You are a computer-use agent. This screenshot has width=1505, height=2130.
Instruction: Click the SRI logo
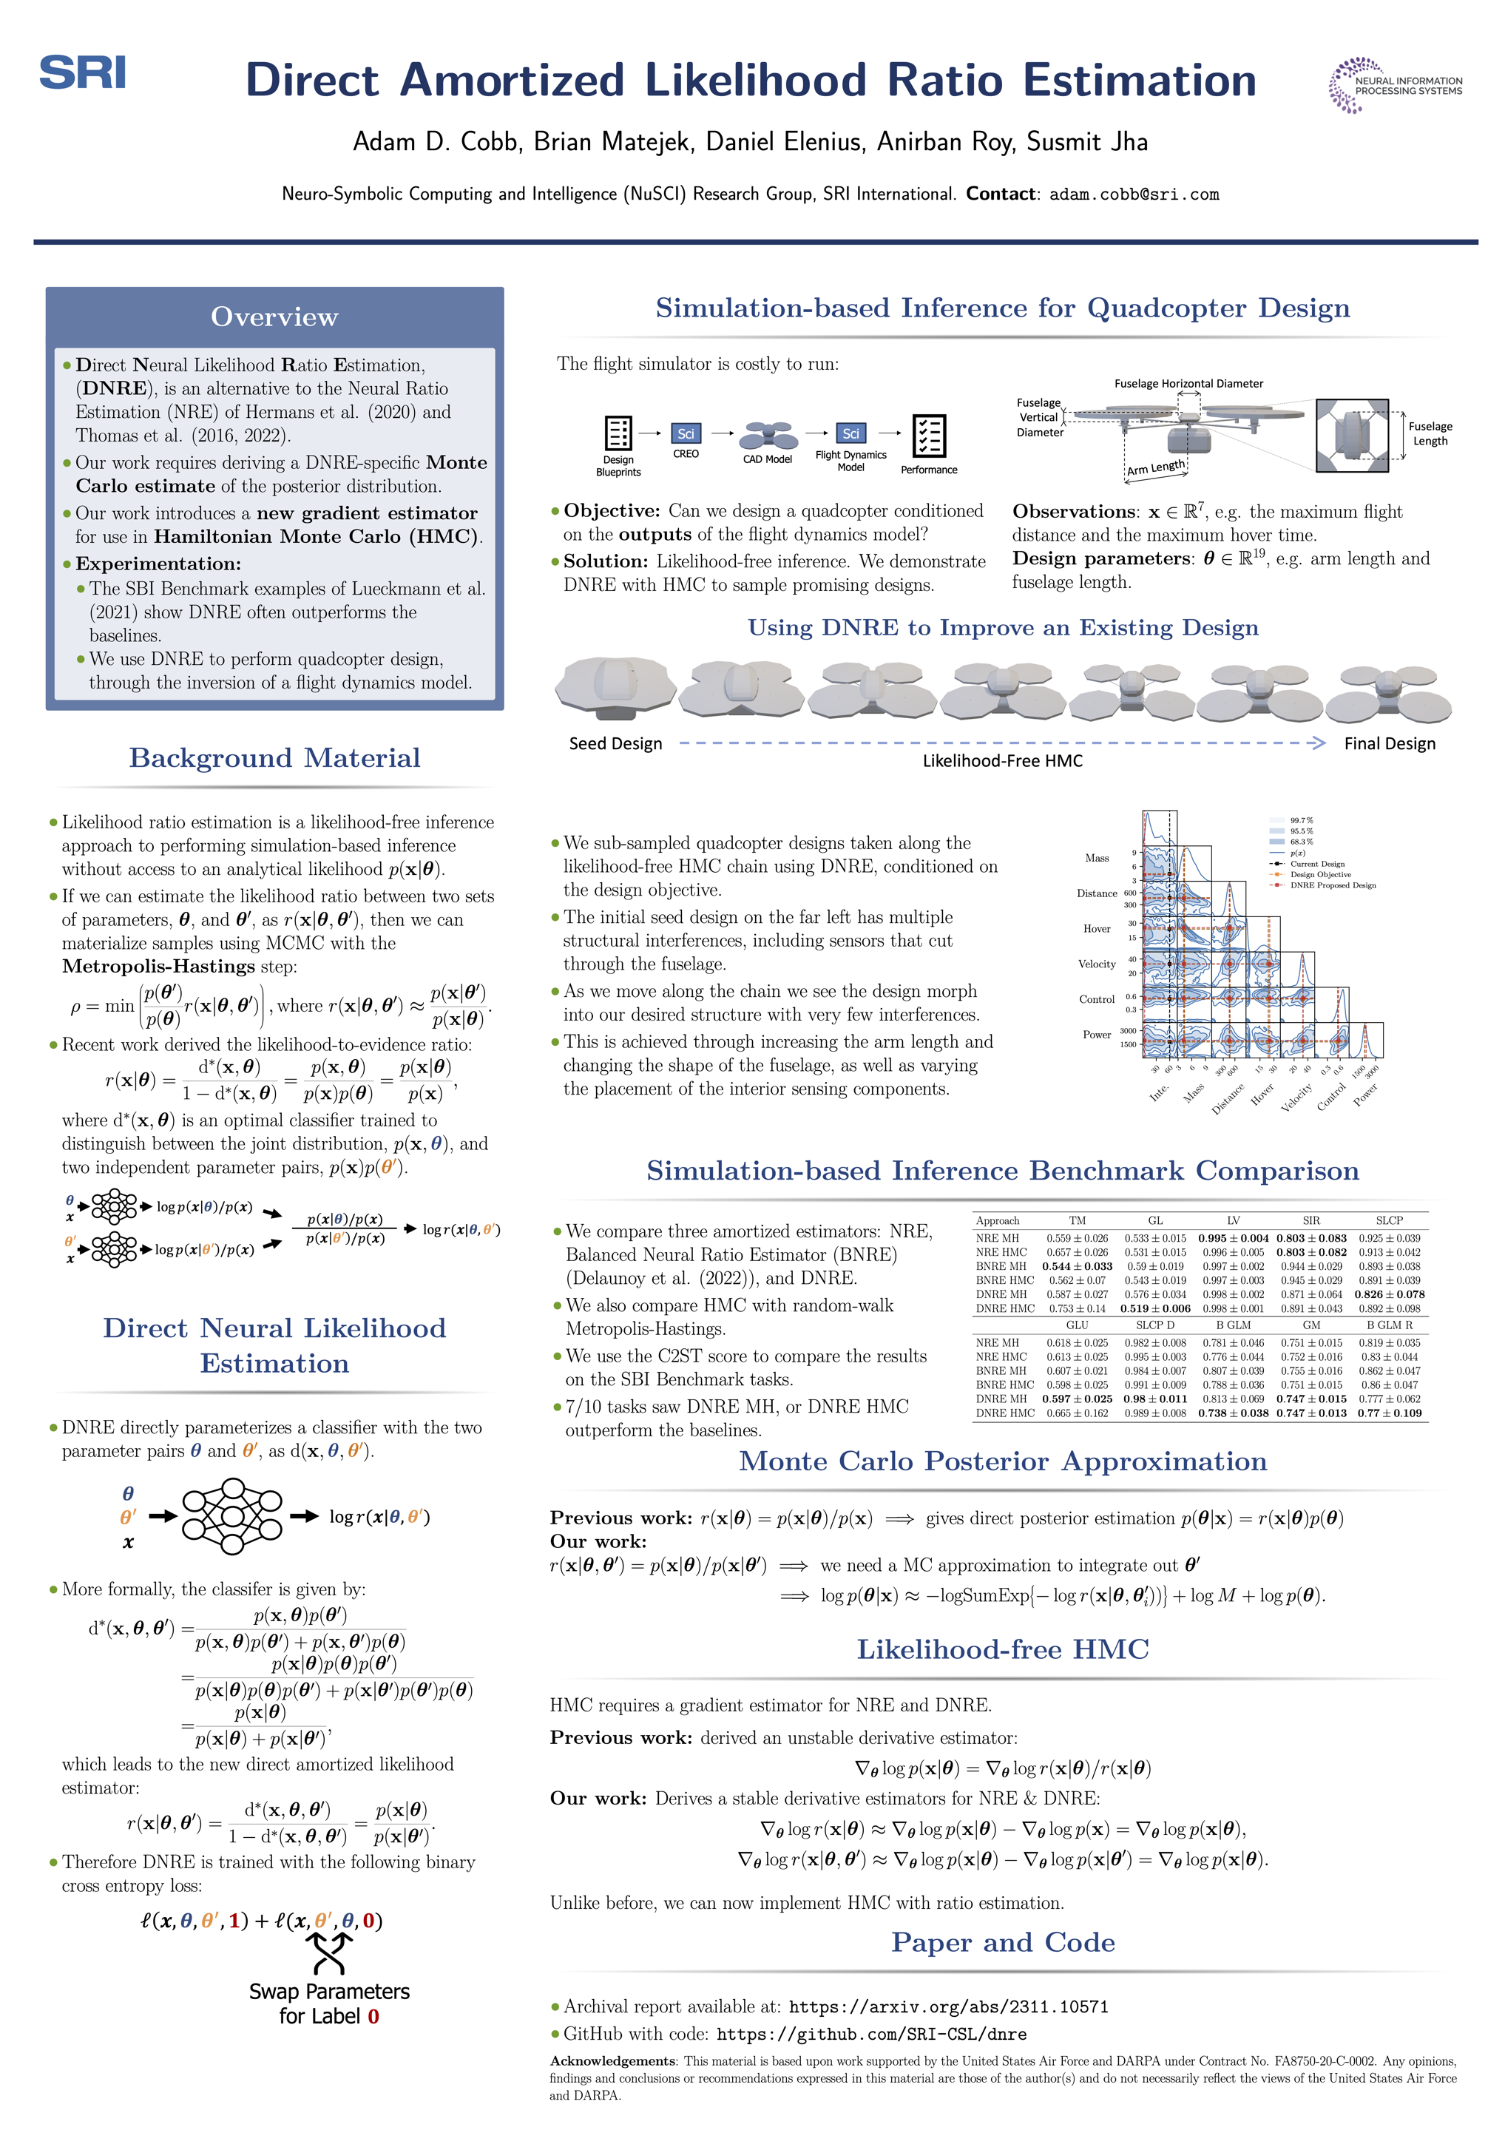[83, 72]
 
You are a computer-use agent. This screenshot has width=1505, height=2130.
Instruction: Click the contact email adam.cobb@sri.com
[1133, 194]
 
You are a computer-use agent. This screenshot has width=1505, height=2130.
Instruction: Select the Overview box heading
[274, 317]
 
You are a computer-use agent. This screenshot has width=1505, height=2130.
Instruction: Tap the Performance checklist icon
[929, 435]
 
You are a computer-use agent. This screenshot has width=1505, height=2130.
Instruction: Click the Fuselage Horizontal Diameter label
[1188, 383]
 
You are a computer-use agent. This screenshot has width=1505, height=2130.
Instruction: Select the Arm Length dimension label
[1156, 467]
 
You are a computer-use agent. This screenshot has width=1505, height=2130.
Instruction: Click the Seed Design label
[615, 743]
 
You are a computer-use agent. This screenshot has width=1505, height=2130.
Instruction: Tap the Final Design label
[1389, 743]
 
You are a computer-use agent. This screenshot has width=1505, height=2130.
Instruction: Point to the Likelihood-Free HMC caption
[1002, 761]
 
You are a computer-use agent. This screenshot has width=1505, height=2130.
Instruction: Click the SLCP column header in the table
[1388, 1220]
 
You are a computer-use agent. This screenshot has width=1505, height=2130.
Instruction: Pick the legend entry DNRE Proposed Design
[1333, 885]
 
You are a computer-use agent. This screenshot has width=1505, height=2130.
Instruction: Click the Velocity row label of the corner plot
[1097, 964]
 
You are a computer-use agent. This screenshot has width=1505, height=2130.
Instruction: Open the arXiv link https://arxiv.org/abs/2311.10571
[948, 2006]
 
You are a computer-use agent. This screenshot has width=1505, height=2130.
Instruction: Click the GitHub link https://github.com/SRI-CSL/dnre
[871, 2034]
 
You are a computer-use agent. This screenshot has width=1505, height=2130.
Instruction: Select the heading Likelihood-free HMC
[1002, 1649]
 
